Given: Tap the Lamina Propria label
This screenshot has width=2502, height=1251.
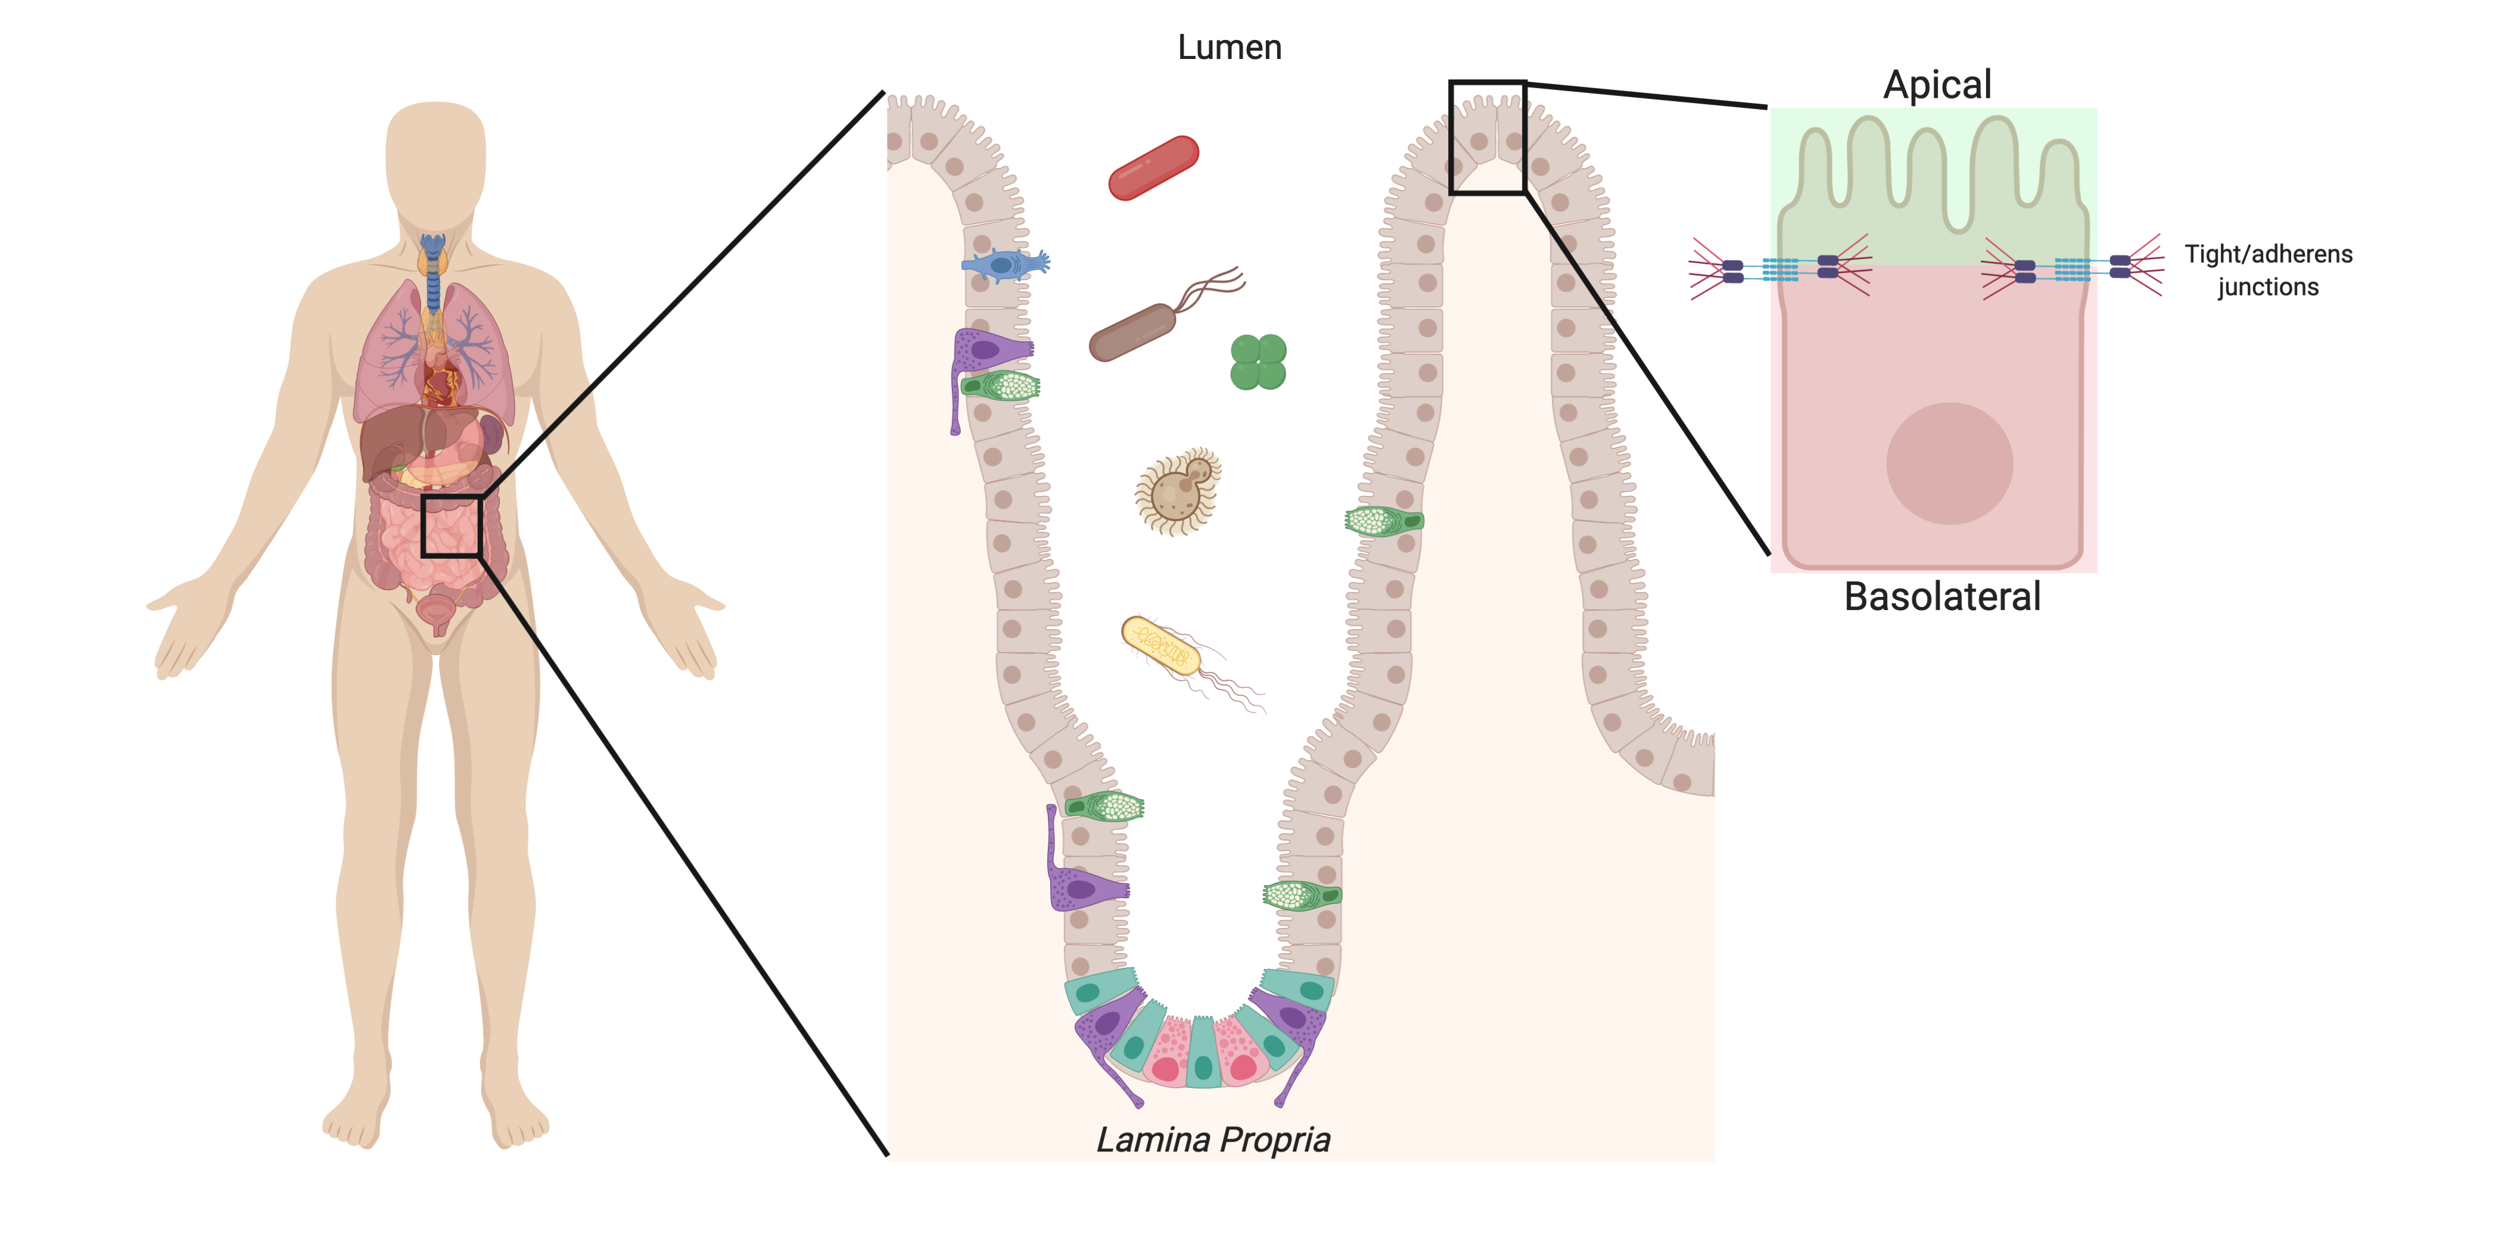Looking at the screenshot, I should [x=1212, y=1139].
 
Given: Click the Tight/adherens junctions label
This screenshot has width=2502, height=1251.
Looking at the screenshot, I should [x=2268, y=270].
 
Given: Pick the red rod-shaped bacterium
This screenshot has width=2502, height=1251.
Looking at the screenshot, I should [x=1154, y=168].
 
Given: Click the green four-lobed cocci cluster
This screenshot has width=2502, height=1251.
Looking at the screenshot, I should [x=1259, y=362].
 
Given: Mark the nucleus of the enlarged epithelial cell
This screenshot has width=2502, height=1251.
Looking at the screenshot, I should [x=1949, y=463].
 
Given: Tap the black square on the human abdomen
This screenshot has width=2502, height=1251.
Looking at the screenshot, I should [x=452, y=525].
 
